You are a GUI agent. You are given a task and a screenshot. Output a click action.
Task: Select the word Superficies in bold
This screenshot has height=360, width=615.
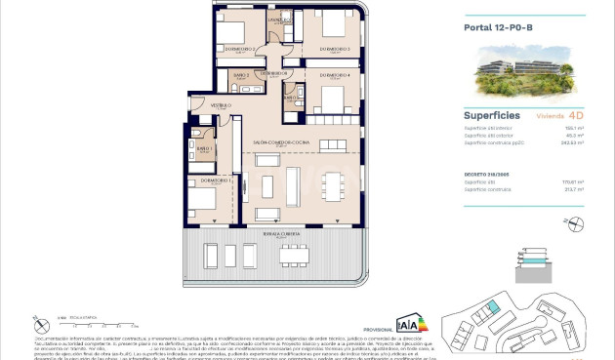click(490, 114)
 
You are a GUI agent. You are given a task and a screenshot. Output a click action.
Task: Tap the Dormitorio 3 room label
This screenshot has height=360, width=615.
click(335, 48)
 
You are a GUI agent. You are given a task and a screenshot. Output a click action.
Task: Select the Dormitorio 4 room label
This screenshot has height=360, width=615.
click(335, 74)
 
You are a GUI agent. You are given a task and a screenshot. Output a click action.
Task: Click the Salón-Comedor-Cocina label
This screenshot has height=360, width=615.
click(281, 142)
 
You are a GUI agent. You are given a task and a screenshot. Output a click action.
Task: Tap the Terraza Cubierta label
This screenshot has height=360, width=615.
click(279, 235)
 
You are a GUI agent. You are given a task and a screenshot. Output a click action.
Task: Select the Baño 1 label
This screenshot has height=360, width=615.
click(204, 148)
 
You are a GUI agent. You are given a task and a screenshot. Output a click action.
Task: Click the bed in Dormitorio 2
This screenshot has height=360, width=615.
click(233, 25)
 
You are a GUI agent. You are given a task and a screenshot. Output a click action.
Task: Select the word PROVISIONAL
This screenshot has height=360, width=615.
click(376, 331)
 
